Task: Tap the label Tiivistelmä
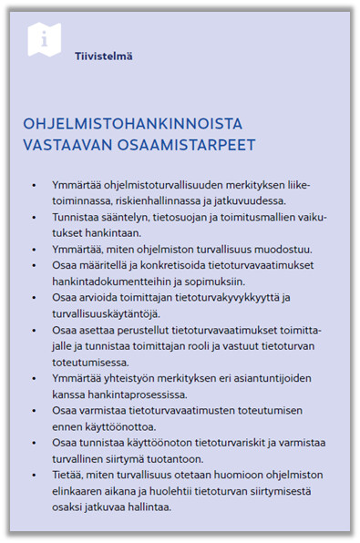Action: click(x=104, y=56)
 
